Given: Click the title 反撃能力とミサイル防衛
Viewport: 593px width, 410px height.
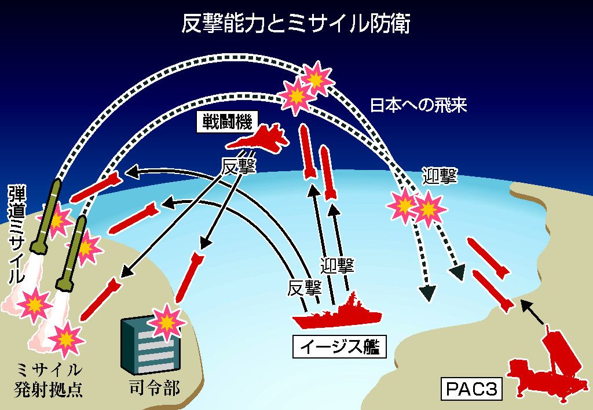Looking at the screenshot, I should click(296, 24).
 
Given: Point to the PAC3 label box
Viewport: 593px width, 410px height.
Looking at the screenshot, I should click(472, 389).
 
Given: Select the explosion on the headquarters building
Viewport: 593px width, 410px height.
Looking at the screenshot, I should click(167, 320).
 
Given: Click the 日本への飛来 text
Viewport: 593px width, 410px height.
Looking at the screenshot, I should click(418, 105).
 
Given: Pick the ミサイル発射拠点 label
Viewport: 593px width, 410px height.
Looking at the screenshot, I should click(49, 379).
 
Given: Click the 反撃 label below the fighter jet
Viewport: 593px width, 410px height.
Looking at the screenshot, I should click(239, 165).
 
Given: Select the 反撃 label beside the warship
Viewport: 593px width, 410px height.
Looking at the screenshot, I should click(304, 287).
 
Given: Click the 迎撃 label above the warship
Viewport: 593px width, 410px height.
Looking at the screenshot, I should click(337, 265).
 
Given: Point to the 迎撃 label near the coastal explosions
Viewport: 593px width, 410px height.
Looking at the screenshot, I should click(440, 176).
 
